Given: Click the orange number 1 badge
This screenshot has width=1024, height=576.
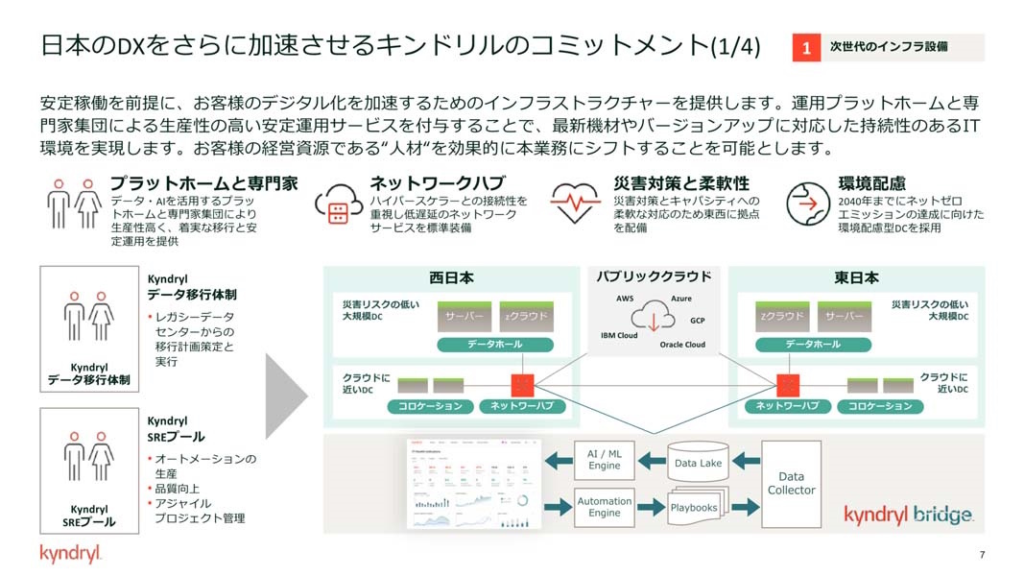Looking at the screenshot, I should [807, 47].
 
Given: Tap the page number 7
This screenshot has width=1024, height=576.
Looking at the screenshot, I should [982, 554].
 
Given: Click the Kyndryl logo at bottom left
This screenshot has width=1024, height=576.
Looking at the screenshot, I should [70, 554].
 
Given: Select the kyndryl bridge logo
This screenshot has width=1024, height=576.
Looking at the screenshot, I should [908, 515].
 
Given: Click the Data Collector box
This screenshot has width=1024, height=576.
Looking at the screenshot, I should [791, 484].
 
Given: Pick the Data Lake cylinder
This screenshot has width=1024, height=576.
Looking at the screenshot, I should [698, 463].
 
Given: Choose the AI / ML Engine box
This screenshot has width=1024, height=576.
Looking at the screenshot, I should [604, 459].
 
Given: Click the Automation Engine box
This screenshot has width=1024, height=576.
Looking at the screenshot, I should [604, 507].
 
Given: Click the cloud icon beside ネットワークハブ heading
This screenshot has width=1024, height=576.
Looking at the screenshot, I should [337, 204].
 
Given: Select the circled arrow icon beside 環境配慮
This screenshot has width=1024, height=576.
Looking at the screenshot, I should [807, 203].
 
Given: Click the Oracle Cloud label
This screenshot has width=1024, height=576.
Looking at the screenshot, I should [682, 345].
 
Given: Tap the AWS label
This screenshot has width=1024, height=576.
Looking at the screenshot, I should [625, 299].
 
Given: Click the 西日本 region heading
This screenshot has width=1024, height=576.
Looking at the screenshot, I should [451, 278].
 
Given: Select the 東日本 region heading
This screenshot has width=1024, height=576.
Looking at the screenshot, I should [856, 278].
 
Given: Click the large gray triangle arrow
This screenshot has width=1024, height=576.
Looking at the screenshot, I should [285, 393].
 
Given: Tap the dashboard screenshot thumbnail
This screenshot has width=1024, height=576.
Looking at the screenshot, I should [474, 484].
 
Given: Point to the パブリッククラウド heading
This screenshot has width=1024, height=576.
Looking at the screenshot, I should [654, 276].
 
